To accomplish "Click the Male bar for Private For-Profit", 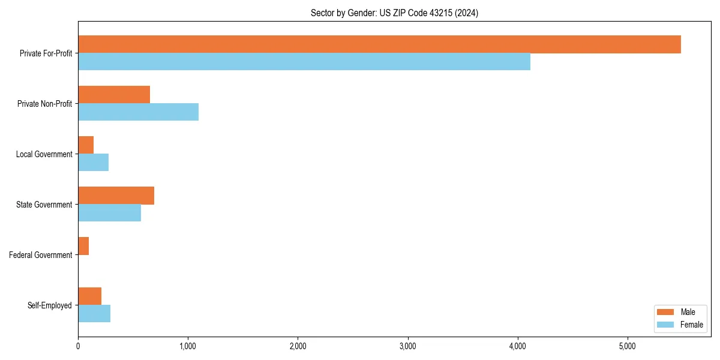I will pyautogui.click(x=379, y=44).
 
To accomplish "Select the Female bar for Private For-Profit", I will pyautogui.click(x=304, y=62).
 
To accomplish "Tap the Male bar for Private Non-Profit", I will pyautogui.click(x=114, y=95).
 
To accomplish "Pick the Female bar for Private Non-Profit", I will pyautogui.click(x=138, y=112).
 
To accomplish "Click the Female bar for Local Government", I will pyautogui.click(x=93, y=163).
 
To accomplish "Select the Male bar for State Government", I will pyautogui.click(x=116, y=196).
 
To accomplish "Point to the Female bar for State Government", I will pyautogui.click(x=109, y=213).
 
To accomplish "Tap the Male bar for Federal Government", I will pyautogui.click(x=83, y=246).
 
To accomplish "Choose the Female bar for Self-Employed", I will pyautogui.click(x=94, y=314).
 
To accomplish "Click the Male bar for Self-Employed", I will pyautogui.click(x=89, y=296).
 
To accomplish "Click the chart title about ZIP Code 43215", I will pyautogui.click(x=394, y=13).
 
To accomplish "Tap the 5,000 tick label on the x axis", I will pyautogui.click(x=627, y=346).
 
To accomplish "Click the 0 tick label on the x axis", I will pyautogui.click(x=78, y=346).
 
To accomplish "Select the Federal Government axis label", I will pyautogui.click(x=41, y=255).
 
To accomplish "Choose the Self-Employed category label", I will pyautogui.click(x=50, y=305).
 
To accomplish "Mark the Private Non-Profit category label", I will pyautogui.click(x=44, y=104).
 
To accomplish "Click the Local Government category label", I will pyautogui.click(x=44, y=154).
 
